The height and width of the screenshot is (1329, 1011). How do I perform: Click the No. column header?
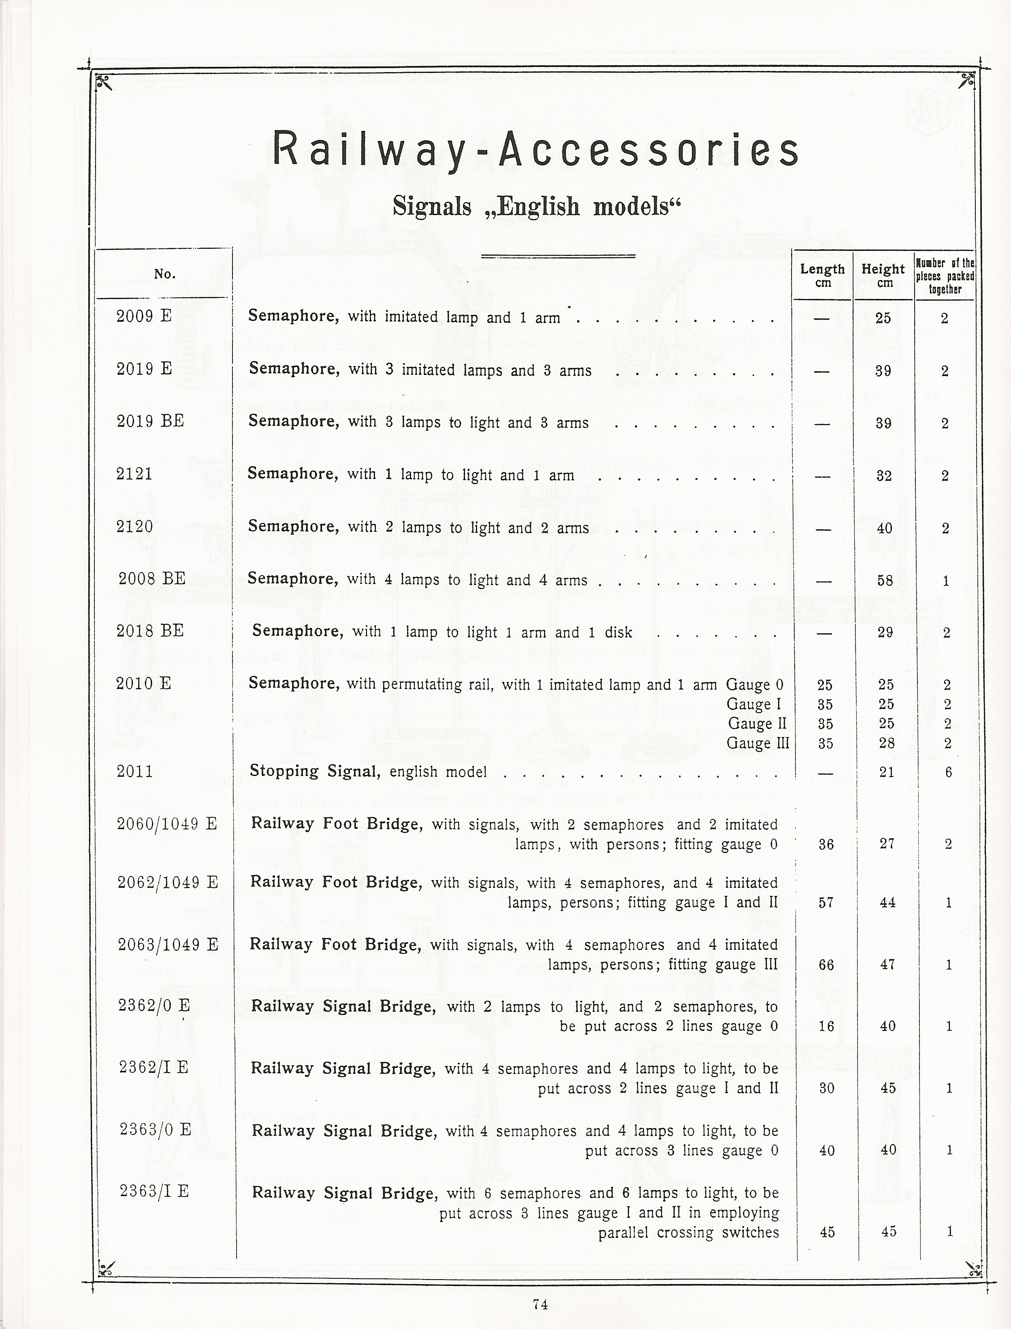pos(164,274)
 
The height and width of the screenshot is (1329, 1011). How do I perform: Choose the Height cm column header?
pos(883,275)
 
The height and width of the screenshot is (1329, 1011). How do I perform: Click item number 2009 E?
pos(144,316)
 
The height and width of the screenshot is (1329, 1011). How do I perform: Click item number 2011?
pos(135,771)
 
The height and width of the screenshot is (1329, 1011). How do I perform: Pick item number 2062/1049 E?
pos(167,882)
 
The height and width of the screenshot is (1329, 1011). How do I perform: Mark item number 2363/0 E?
pos(155,1129)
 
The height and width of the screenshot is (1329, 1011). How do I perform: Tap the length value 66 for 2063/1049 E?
pos(826,965)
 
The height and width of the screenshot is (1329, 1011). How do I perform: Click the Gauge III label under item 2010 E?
pos(758,744)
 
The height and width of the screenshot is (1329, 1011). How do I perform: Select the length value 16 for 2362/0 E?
pos(826,1026)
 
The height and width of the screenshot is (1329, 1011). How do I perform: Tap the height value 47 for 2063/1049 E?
pos(887,964)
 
